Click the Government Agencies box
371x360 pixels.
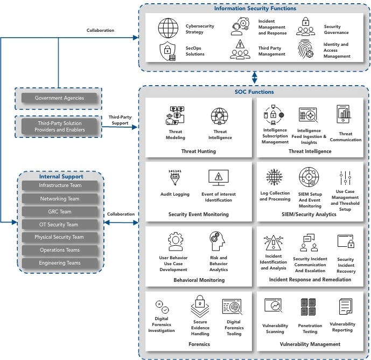click(x=59, y=98)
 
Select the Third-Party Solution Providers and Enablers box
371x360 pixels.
click(x=59, y=126)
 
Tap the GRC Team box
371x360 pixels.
click(x=59, y=212)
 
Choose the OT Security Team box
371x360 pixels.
click(x=59, y=225)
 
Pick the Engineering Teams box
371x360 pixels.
click(x=59, y=263)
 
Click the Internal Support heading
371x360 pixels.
click(x=61, y=177)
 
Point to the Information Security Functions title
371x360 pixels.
click(x=255, y=9)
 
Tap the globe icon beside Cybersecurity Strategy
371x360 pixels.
click(x=168, y=27)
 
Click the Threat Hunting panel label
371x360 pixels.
click(x=199, y=152)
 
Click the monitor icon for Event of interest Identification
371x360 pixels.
click(x=219, y=177)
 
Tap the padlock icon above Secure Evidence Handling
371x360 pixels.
click(x=200, y=306)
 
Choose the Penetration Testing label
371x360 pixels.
click(x=310, y=328)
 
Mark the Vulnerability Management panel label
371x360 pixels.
click(x=310, y=344)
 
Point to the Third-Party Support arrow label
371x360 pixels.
click(x=120, y=120)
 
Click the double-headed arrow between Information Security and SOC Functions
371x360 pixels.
click(x=255, y=77)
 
